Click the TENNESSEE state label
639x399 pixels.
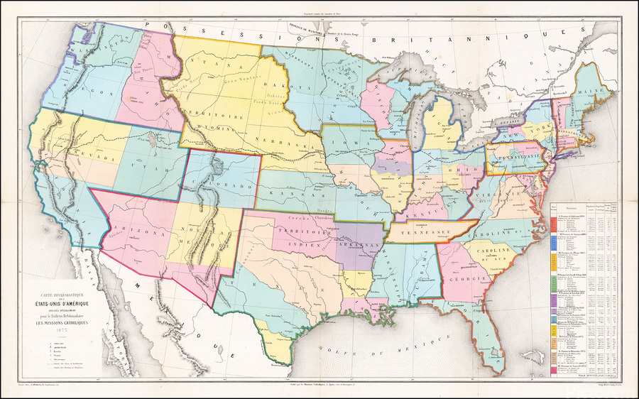[x=422, y=231]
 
